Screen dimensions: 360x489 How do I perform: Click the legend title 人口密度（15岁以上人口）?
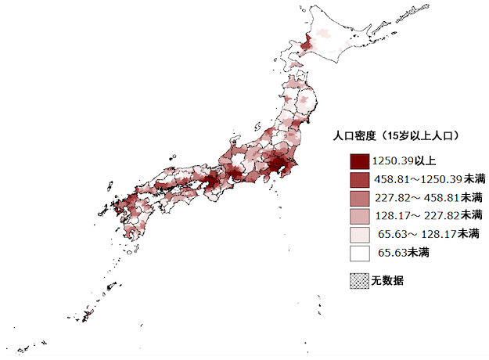395,135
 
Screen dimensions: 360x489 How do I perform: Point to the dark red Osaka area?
210,182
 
